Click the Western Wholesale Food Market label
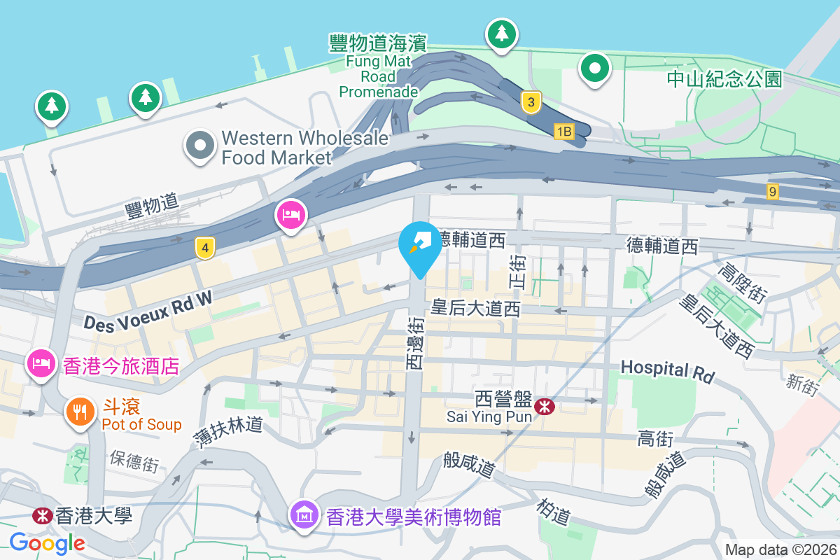(x=304, y=148)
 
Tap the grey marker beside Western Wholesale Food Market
(x=200, y=146)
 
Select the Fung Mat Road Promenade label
(x=378, y=67)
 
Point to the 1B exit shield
(x=563, y=131)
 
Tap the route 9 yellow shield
(x=772, y=191)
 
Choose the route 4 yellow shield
(x=204, y=248)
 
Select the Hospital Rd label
(x=668, y=371)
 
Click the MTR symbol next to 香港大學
(x=42, y=516)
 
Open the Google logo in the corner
(x=47, y=542)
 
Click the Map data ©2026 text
(x=780, y=549)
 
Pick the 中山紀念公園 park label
(x=724, y=79)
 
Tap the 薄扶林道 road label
(x=228, y=432)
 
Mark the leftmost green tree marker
(x=51, y=106)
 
